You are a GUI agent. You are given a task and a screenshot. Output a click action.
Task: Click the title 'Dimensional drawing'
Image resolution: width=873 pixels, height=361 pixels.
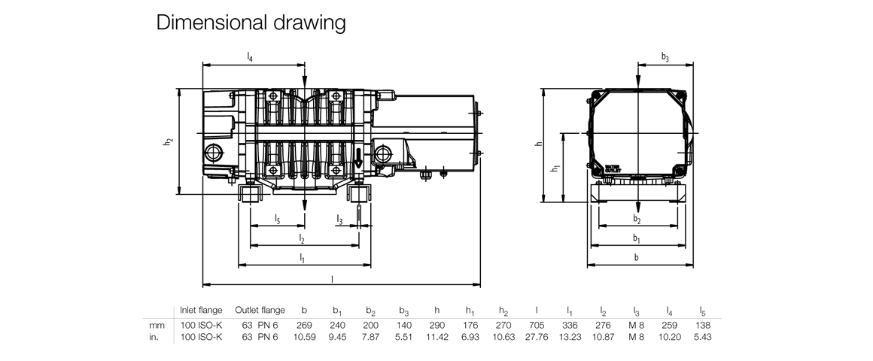(251, 23)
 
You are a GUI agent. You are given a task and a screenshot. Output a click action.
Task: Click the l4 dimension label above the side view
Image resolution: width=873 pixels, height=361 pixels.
(250, 57)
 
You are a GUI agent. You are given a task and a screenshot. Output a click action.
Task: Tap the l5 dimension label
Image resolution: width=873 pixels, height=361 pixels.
(278, 220)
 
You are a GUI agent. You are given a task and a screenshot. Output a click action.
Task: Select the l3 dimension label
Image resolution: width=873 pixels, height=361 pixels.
(340, 220)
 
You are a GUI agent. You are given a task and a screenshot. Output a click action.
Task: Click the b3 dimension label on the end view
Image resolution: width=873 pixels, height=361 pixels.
(665, 56)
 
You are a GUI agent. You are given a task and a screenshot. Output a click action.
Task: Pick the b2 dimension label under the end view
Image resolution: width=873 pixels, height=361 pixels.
(637, 220)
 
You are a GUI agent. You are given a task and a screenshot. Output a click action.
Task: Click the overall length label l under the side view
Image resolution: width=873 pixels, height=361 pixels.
(332, 279)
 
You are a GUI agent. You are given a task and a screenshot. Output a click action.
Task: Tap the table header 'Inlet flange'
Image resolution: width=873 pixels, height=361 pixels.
(201, 310)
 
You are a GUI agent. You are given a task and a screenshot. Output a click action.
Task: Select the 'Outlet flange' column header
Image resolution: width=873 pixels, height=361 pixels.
(260, 310)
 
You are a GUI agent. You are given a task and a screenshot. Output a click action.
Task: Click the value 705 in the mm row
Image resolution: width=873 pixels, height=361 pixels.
(537, 324)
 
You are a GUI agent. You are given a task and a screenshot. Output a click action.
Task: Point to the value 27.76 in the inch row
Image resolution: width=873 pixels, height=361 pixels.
(537, 337)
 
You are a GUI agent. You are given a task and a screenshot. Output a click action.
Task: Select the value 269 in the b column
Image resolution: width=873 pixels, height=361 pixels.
(304, 324)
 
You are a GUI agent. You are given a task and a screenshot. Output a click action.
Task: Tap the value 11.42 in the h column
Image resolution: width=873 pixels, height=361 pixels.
(437, 337)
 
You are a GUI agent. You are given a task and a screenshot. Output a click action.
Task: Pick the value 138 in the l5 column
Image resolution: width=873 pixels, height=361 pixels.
(702, 324)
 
